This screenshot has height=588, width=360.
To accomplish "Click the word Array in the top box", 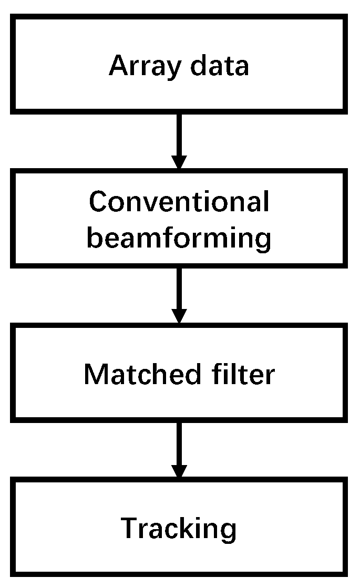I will point(140,67).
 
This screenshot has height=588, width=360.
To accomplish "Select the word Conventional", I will point(179,202).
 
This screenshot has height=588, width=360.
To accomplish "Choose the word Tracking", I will point(179,528).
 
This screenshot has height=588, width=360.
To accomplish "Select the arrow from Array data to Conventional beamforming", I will point(179,139).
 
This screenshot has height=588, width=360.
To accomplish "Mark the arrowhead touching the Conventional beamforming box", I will point(179,162).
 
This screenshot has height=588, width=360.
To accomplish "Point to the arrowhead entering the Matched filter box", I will point(179,316).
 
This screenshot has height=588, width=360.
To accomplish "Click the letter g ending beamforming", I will point(262,241).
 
